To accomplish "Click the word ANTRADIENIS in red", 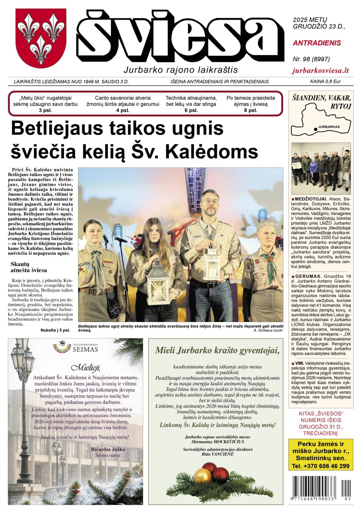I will (x=317, y=43).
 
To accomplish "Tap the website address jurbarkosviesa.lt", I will (x=321, y=71).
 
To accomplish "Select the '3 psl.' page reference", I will (x=45, y=110).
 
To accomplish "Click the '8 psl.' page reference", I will (x=251, y=110).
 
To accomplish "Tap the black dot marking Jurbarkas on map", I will (x=316, y=129).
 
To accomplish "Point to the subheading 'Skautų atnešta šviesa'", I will (x=29, y=267).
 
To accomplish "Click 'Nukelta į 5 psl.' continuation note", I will (x=55, y=330).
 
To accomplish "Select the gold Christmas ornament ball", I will (x=202, y=476).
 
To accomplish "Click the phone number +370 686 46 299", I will (x=321, y=466).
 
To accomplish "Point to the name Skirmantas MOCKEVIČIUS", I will (x=217, y=442).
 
